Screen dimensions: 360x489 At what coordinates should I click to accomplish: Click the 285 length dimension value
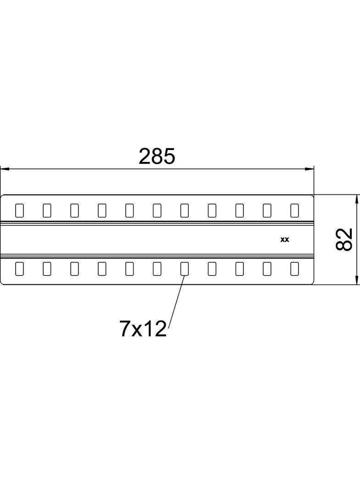[157, 156]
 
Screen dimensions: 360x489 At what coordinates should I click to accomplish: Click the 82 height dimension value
[344, 239]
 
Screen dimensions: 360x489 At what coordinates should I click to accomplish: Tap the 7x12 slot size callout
[143, 329]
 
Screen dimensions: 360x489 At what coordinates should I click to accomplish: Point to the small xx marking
[284, 239]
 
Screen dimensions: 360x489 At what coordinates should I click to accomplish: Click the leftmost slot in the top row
[19, 210]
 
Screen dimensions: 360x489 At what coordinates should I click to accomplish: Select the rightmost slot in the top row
[294, 210]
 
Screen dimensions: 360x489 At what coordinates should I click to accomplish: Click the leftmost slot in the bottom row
[19, 268]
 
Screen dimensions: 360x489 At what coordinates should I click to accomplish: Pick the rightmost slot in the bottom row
[294, 268]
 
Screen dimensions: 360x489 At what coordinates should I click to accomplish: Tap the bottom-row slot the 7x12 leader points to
[185, 268]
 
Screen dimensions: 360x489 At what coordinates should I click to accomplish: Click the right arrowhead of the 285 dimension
[309, 169]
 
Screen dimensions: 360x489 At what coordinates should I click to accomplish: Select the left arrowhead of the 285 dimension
[5, 169]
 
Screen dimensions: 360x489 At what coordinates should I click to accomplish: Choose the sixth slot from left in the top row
[157, 210]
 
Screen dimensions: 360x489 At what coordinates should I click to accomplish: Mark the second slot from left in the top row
[47, 210]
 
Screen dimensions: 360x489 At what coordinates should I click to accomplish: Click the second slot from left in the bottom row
[47, 268]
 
